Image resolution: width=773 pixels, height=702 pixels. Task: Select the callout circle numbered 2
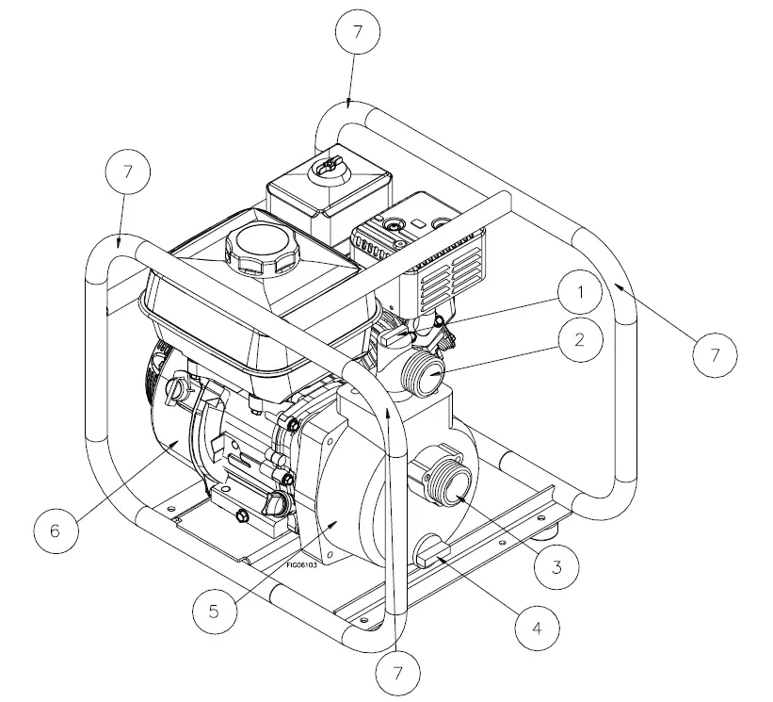[x=580, y=340]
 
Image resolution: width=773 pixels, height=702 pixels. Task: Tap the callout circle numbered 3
[x=556, y=566]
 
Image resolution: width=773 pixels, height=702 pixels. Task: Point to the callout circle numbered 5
[x=215, y=610]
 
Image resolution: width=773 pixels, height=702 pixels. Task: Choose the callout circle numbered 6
[x=55, y=531]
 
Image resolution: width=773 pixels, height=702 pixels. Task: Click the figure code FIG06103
[x=304, y=565]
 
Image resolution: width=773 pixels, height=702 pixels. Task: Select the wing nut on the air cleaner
[x=326, y=165]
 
